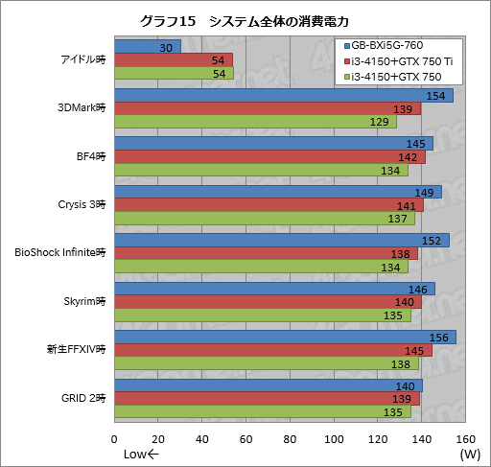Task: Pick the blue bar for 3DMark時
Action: click(283, 96)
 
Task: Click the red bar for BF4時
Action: click(269, 157)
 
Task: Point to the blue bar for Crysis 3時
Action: click(277, 193)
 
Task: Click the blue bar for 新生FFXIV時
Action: click(285, 337)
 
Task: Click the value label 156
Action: click(442, 338)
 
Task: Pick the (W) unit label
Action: click(469, 454)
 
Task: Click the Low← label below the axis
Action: click(141, 454)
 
